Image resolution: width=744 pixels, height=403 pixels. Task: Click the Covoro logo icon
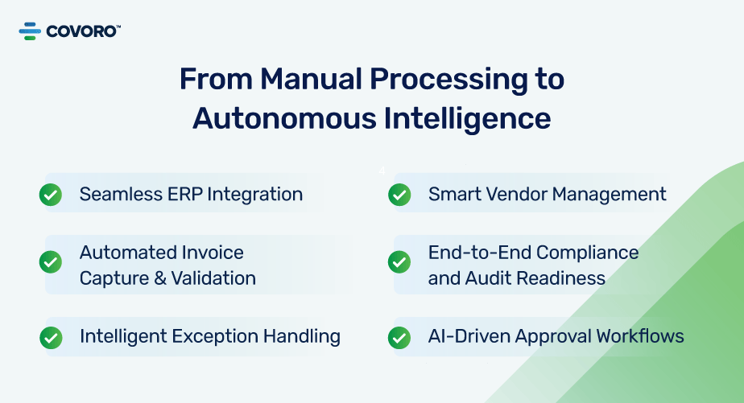tap(30, 31)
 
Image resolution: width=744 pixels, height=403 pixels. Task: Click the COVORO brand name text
tap(83, 31)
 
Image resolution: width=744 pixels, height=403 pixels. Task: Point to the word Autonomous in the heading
tap(284, 117)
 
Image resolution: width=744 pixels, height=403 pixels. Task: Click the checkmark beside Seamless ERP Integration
tap(51, 195)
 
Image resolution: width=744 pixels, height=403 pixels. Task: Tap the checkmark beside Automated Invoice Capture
tap(51, 262)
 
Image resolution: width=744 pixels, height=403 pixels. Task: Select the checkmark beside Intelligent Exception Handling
tap(51, 338)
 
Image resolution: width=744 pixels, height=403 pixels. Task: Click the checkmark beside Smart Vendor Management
tap(399, 195)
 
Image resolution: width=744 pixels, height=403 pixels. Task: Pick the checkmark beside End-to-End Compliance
tap(399, 262)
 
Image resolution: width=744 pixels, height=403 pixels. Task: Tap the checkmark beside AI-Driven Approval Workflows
tap(399, 338)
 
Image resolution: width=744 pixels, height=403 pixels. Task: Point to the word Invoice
tap(213, 253)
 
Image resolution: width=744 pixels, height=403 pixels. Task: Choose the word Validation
tap(213, 278)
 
